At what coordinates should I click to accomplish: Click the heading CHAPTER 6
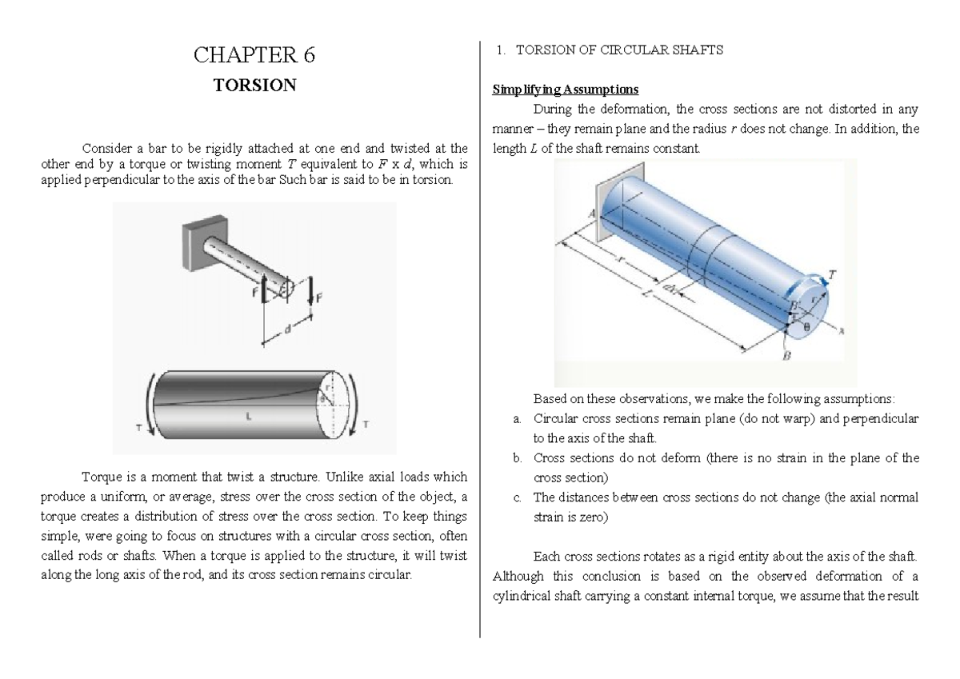(255, 55)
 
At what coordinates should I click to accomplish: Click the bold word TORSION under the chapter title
(255, 85)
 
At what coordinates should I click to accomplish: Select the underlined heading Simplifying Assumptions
(558, 89)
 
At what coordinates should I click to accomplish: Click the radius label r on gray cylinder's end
(327, 387)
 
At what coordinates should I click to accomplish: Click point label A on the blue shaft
(592, 214)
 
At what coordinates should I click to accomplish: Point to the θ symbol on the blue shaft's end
(806, 326)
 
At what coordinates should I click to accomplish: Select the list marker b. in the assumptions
(517, 458)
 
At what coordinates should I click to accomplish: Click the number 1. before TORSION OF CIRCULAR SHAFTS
(500, 50)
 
